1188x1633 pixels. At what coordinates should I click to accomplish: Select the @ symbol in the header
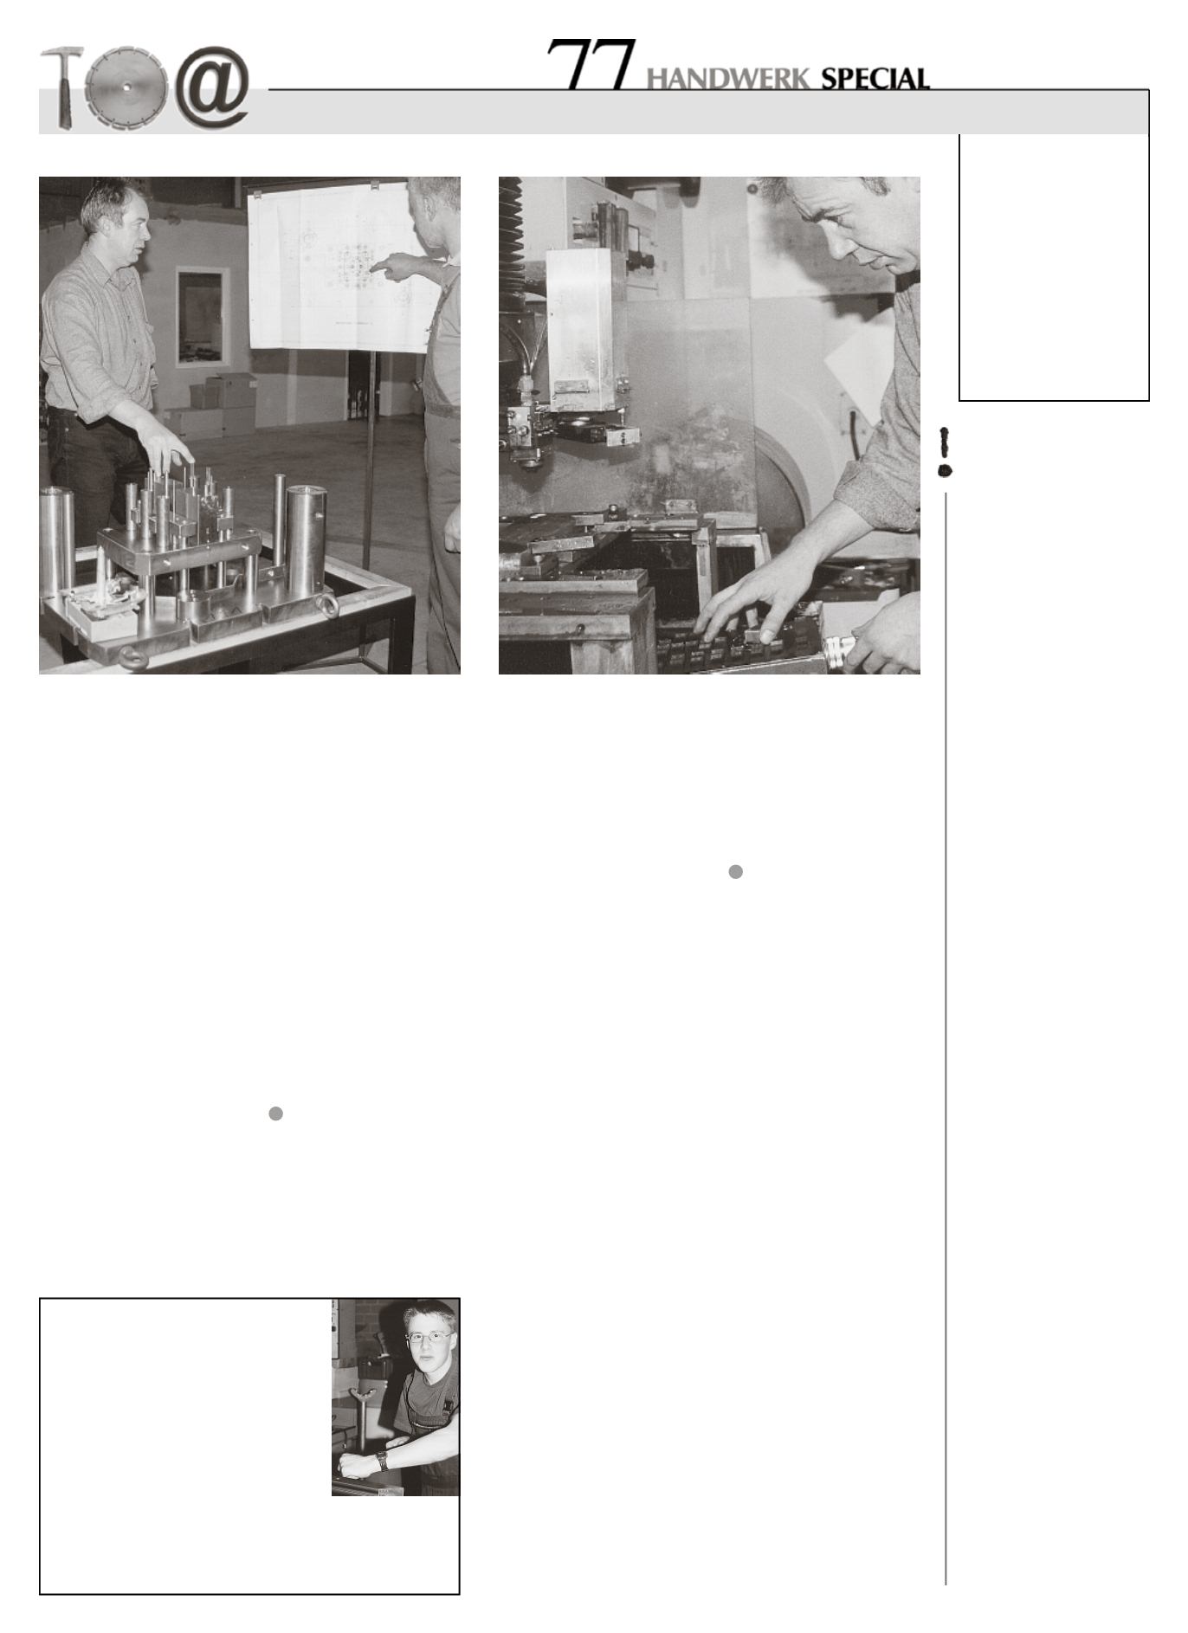pos(213,87)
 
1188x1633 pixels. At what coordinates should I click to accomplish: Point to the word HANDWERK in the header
pos(729,80)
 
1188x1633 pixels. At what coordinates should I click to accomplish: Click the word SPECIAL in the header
pos(875,80)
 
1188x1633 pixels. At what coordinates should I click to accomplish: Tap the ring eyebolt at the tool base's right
pos(328,601)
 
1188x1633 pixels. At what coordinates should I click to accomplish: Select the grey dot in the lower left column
pos(275,1113)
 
